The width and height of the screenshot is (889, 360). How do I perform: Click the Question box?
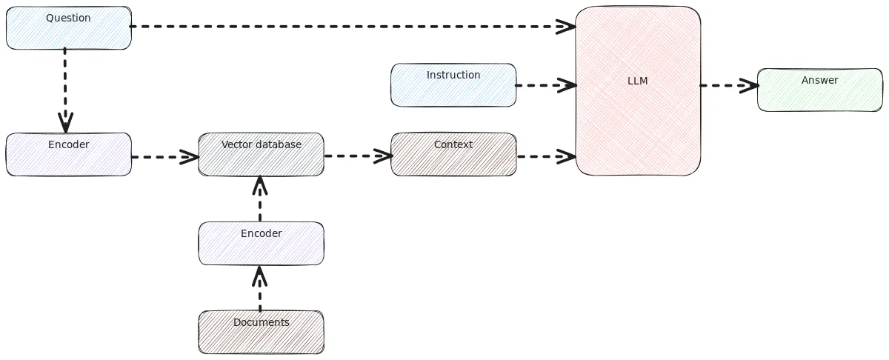69,28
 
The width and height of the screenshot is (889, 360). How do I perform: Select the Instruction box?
453,84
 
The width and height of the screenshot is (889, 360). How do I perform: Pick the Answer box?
819,90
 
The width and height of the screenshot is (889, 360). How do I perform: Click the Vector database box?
261,154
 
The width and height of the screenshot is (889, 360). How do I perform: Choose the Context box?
453,154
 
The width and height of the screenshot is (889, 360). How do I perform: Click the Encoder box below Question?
69,154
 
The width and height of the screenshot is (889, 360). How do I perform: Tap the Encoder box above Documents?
261,243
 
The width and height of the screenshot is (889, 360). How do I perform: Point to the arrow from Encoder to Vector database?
164,157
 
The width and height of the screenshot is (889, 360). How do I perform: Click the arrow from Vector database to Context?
358,156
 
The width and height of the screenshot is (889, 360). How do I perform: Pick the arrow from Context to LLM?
546,156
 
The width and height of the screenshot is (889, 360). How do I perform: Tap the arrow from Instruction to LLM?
546,85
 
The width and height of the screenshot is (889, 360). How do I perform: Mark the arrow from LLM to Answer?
729,85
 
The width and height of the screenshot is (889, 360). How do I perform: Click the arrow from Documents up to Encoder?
259,289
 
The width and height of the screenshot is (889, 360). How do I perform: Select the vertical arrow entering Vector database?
259,199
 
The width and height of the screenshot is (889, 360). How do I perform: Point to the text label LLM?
638,81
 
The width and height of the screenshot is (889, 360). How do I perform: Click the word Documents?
261,322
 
